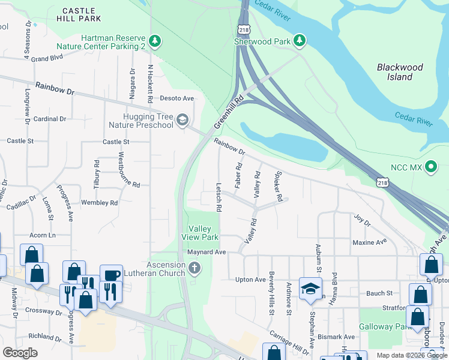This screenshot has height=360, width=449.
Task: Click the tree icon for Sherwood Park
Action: tap(300, 41)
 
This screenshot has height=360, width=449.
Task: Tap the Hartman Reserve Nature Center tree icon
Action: tap(156, 41)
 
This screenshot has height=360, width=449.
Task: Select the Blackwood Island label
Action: tap(400, 72)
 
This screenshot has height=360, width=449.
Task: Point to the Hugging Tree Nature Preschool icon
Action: tap(182, 121)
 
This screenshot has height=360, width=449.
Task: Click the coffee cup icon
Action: tap(111, 275)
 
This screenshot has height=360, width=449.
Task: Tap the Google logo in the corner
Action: tap(20, 352)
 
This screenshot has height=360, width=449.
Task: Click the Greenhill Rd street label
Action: tap(229, 112)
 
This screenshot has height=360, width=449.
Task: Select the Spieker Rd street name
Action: tap(278, 188)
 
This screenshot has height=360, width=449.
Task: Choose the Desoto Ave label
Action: tap(176, 98)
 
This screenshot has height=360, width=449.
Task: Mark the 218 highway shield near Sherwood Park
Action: tap(243, 29)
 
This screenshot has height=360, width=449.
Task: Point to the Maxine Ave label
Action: tap(370, 242)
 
